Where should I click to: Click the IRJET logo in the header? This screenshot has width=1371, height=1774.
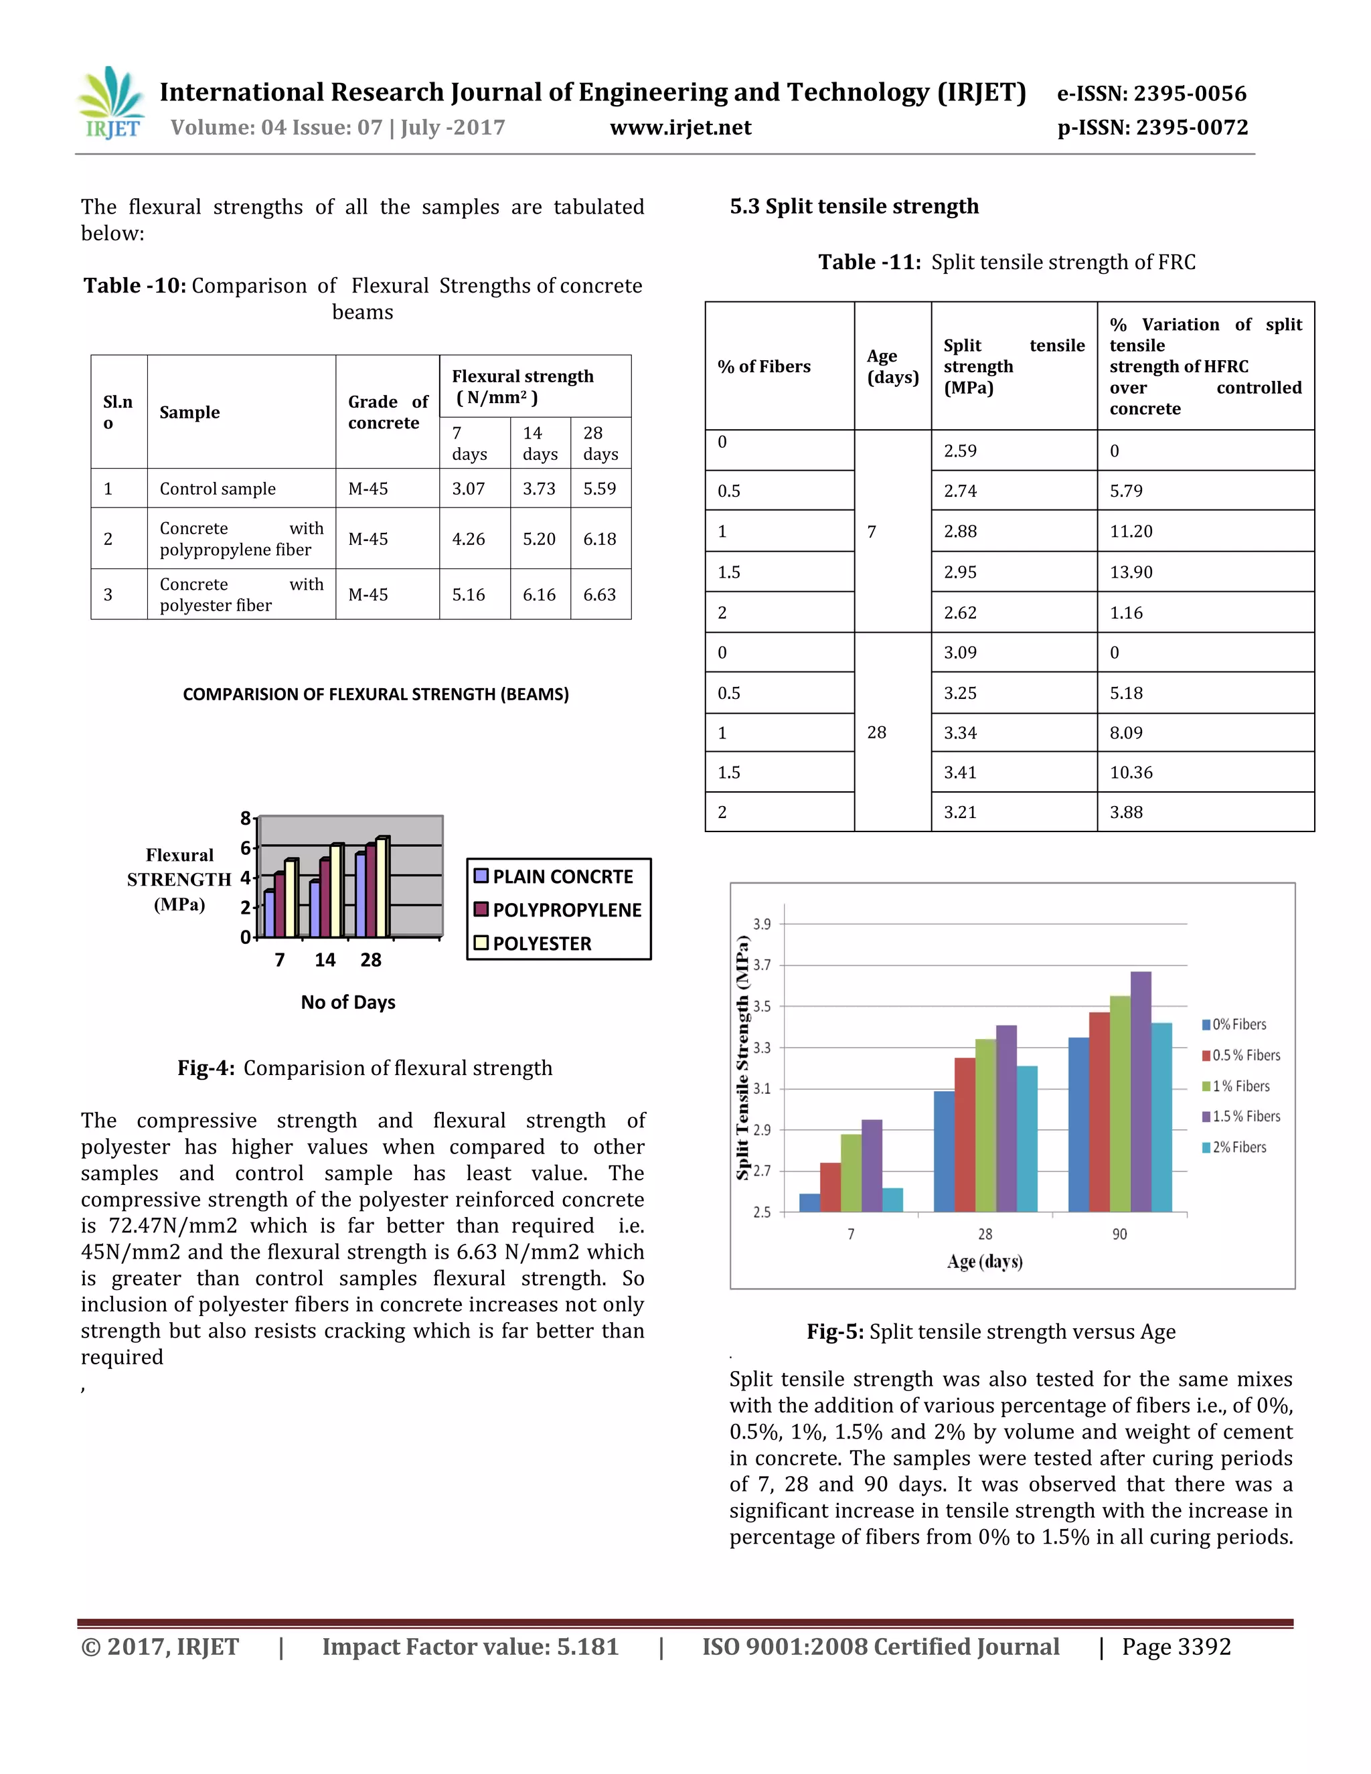[x=112, y=103]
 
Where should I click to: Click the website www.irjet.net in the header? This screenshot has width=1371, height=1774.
[x=681, y=127]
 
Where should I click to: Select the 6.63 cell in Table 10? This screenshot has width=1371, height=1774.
[x=599, y=594]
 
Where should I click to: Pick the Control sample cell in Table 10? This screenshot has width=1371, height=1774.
[x=218, y=489]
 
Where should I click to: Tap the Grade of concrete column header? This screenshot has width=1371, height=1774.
[x=388, y=412]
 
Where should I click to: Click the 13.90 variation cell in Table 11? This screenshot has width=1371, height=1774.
[x=1131, y=572]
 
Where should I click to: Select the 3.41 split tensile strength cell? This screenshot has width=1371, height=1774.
[x=960, y=773]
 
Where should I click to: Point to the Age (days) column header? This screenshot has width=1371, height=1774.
[x=892, y=366]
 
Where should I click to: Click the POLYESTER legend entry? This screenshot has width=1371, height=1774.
[x=541, y=944]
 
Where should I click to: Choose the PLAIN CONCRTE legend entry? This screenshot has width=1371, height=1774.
[x=562, y=876]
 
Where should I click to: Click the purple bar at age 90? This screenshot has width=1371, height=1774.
[x=1140, y=1092]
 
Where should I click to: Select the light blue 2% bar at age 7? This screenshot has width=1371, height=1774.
[x=892, y=1200]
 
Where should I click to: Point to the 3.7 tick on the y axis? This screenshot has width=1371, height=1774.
[x=762, y=965]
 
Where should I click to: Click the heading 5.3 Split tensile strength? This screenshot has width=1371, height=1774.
[x=854, y=206]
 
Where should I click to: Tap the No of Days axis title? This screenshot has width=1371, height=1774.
[x=347, y=1002]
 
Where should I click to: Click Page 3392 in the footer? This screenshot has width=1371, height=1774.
[x=1176, y=1647]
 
